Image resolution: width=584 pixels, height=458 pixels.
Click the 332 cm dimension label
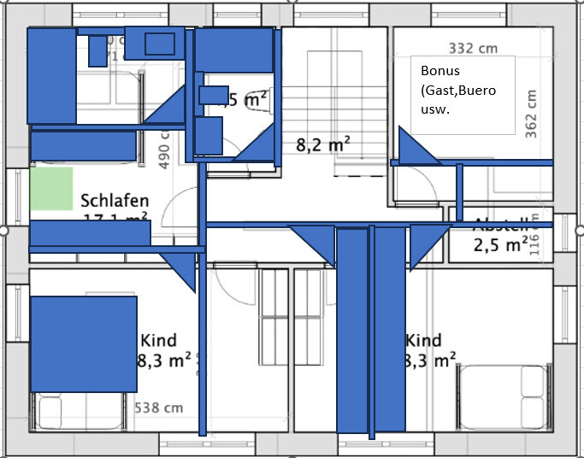(473, 48)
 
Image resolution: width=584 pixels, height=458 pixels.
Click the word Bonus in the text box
(440, 71)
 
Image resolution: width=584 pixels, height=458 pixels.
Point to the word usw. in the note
(435, 110)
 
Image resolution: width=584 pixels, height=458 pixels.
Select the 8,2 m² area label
(322, 144)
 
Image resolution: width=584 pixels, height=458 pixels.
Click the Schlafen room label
(115, 201)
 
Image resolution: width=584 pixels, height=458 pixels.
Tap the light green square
(51, 188)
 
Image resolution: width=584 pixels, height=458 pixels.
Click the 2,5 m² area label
(500, 246)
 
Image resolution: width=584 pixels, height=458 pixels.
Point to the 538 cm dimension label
(159, 408)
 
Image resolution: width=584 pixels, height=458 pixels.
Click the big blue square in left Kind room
(84, 343)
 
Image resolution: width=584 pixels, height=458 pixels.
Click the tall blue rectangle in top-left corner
(51, 76)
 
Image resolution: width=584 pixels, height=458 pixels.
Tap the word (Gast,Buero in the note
(458, 91)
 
